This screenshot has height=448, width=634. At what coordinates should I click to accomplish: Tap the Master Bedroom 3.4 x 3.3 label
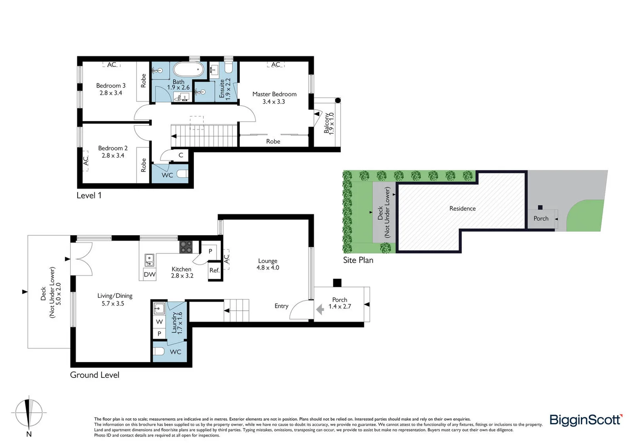click(x=274, y=97)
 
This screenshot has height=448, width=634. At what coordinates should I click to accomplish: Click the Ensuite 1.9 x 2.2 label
click(x=224, y=88)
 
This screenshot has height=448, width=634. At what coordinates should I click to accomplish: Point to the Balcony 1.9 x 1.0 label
click(x=329, y=123)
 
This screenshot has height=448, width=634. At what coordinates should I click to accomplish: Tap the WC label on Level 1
click(x=167, y=175)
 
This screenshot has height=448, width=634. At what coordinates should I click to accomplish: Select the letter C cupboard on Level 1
click(x=181, y=155)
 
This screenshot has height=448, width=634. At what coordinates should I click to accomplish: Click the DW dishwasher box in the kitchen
click(x=149, y=274)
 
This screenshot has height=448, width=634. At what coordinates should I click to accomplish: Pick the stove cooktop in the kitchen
click(x=186, y=247)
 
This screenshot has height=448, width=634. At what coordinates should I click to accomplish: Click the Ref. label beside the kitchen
click(x=215, y=270)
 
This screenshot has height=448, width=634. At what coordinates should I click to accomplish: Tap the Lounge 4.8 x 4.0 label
click(x=268, y=264)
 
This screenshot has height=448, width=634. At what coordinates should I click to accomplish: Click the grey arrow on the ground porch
click(x=320, y=309)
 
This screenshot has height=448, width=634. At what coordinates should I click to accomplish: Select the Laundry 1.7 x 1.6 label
click(x=177, y=323)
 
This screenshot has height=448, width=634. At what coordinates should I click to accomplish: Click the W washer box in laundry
click(x=159, y=322)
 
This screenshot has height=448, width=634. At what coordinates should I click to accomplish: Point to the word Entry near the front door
click(x=281, y=306)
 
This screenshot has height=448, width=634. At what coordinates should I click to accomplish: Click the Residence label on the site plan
click(x=462, y=208)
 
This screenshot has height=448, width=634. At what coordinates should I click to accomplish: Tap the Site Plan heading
click(x=358, y=260)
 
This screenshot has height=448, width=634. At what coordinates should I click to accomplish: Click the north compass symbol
click(x=29, y=414)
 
